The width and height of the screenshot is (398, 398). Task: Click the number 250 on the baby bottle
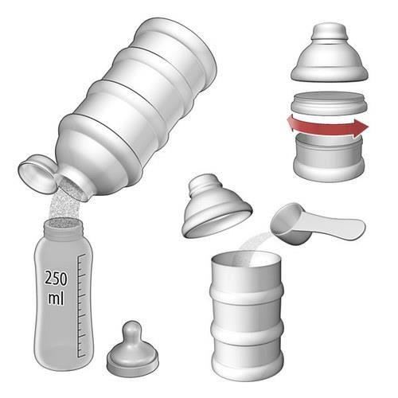(x=56, y=278)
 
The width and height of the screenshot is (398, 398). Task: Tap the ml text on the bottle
(x=56, y=298)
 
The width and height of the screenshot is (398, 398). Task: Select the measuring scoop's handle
(x=335, y=226)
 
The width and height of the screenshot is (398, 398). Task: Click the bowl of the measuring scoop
(x=289, y=224)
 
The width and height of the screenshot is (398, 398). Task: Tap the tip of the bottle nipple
(x=131, y=326)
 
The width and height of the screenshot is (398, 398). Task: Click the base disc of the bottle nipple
(x=133, y=362)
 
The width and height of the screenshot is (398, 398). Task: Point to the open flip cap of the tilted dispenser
(x=37, y=174)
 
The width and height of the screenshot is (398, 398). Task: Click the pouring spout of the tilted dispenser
(x=74, y=185)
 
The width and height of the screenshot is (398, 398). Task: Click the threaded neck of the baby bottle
(x=64, y=228)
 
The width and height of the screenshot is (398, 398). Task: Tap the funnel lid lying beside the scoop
(x=217, y=206)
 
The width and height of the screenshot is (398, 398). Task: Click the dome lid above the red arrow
(x=330, y=53)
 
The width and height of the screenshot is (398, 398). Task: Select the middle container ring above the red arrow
(x=329, y=104)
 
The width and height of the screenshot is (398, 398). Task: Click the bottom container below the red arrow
(x=329, y=158)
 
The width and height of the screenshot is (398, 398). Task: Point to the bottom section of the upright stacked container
(x=248, y=356)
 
